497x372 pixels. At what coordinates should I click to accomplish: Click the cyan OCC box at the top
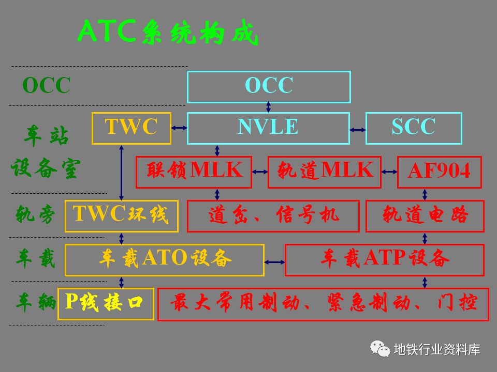coord(269,87)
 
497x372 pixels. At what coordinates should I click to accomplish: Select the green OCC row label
coord(46,86)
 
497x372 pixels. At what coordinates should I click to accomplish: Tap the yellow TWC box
coord(131,128)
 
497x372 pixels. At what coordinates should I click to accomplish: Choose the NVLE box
coord(268,128)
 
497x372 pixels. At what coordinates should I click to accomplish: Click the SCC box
coord(413,128)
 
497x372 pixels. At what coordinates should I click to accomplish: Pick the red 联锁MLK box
coord(194,172)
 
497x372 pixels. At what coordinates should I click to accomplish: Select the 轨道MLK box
coord(324,172)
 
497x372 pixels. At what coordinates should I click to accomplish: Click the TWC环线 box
coord(121,215)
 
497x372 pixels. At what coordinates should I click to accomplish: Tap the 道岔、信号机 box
coord(273,215)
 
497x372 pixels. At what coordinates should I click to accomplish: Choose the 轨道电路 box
coord(425,215)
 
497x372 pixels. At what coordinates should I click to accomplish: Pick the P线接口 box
coord(106,303)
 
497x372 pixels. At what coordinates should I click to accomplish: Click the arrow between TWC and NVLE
coord(179,128)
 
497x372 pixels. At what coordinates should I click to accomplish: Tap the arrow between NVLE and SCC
coord(357,128)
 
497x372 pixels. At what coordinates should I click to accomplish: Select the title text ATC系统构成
coord(167,33)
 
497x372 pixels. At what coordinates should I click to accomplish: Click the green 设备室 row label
coord(46,170)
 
